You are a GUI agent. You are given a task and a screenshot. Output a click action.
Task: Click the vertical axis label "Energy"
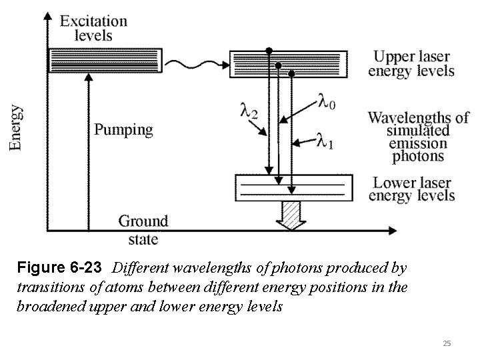[x=16, y=127]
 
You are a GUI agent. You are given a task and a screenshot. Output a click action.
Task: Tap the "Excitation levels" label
[x=93, y=28]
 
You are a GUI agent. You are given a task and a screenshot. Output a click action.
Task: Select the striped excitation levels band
[x=105, y=60]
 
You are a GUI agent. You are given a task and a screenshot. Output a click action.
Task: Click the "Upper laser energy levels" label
[x=411, y=63]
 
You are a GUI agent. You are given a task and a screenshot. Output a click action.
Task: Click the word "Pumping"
[x=123, y=129]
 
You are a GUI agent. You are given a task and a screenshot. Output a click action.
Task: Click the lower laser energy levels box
[x=294, y=188]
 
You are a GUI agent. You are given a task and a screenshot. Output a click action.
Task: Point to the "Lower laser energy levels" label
[x=411, y=189]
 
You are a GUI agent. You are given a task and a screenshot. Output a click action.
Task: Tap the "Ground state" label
[x=143, y=229]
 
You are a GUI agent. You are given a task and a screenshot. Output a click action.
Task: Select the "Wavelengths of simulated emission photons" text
[x=417, y=137]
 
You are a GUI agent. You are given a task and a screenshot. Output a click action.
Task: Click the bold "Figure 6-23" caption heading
[x=59, y=269]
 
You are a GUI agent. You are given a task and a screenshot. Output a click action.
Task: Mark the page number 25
[x=447, y=343]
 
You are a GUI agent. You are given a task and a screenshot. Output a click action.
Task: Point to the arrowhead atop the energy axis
[x=46, y=17]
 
